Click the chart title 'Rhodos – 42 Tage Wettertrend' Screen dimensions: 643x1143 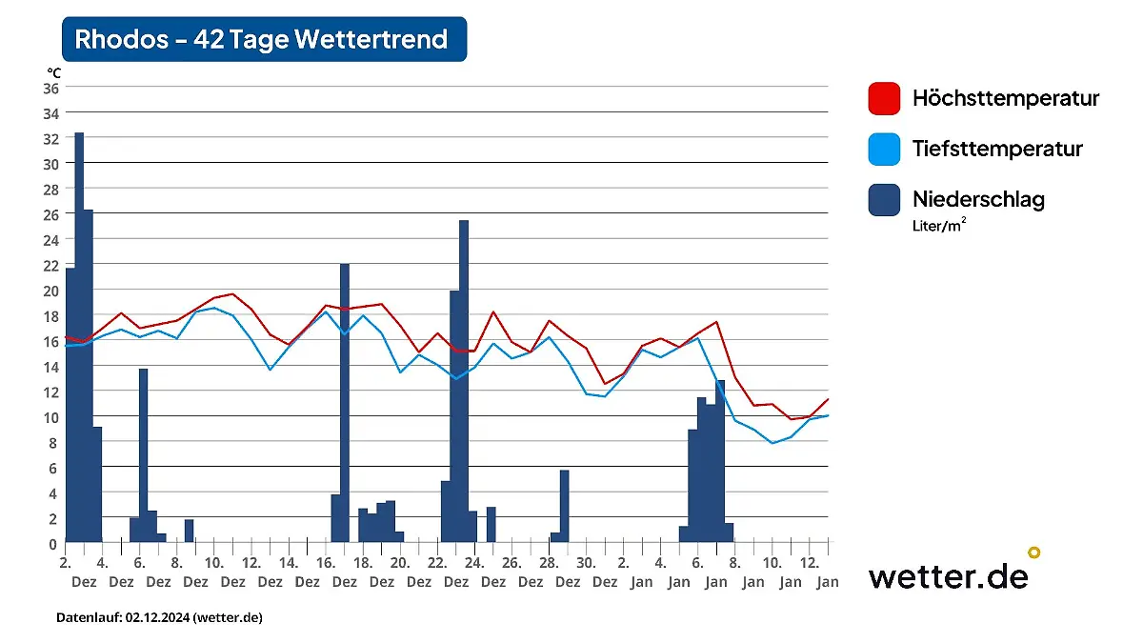click(x=262, y=39)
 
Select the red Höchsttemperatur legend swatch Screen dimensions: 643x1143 click(x=884, y=98)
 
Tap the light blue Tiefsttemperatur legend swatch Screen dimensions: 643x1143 click(x=884, y=149)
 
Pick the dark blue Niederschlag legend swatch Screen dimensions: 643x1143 click(x=884, y=199)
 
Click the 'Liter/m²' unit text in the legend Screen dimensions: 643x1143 click(x=939, y=226)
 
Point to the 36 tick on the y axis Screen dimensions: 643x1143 click(x=50, y=88)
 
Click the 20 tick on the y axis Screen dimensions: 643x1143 click(x=50, y=290)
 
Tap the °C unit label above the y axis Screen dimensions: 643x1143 click(x=53, y=72)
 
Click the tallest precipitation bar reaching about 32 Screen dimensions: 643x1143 click(x=79, y=333)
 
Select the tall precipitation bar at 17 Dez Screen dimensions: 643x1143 click(x=345, y=400)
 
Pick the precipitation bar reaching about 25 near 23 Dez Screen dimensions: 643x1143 click(x=464, y=381)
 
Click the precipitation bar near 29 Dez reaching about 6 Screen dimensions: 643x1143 click(x=564, y=505)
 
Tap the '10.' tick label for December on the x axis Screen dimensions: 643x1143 click(x=214, y=562)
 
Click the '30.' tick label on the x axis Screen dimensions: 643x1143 click(x=587, y=562)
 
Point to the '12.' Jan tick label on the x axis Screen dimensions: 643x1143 click(x=811, y=562)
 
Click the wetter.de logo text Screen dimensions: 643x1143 click(x=947, y=576)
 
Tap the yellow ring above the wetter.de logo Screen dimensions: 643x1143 click(x=1033, y=553)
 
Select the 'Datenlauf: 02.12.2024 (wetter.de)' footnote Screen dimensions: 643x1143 click(x=159, y=617)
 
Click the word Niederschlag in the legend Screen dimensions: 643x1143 click(x=978, y=199)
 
